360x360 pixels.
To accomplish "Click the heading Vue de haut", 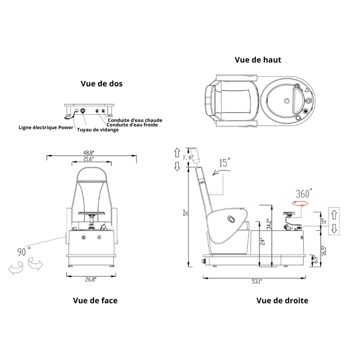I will coord(258,60).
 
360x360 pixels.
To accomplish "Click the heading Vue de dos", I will coord(102,84).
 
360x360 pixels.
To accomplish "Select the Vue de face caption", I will coord(95,300).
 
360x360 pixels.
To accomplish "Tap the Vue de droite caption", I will coord(282,300).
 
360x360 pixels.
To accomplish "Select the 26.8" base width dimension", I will coord(91,279).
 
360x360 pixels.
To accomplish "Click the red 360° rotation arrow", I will coord(301,203).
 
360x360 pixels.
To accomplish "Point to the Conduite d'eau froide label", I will coord(133,125).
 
